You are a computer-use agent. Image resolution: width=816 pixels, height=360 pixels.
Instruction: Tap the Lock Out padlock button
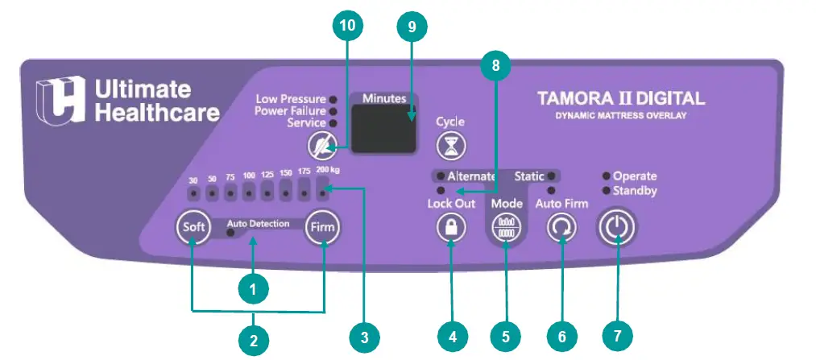pos(451,228)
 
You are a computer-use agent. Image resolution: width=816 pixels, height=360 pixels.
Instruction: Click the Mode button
pos(505,227)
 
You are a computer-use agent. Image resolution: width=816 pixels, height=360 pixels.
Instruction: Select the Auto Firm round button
pos(561,228)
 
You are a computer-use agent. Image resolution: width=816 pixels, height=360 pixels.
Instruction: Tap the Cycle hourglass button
pos(450,146)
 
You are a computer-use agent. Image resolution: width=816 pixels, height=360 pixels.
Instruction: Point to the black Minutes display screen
pos(383,128)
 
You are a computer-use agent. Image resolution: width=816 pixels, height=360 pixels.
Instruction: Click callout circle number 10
pos(347,26)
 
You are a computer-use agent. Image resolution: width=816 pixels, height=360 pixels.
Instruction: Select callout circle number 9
pos(412,26)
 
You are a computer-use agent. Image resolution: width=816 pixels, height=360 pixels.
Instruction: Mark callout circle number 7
pos(618,333)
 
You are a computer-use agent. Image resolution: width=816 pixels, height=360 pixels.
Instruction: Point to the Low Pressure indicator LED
pos(333,99)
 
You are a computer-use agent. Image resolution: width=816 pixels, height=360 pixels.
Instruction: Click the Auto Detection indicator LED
pos(230,234)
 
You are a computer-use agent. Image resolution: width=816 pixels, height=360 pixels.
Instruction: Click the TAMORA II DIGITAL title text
pos(620,99)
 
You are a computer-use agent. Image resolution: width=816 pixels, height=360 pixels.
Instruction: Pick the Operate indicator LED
pos(606,176)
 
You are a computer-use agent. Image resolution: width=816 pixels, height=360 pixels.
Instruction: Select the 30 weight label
pos(193,180)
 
